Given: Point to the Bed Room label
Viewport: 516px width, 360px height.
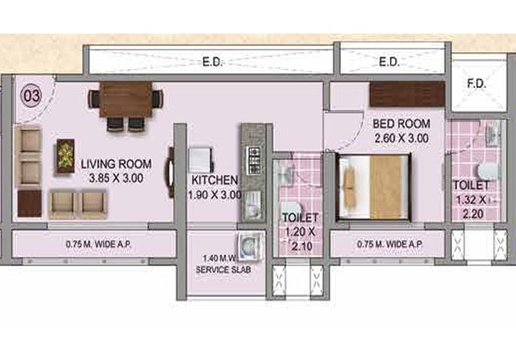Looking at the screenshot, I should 402,124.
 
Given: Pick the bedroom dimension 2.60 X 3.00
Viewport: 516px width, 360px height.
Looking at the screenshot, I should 402,138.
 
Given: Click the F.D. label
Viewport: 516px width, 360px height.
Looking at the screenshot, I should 475,82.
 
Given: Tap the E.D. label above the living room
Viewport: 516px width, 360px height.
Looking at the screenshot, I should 211,60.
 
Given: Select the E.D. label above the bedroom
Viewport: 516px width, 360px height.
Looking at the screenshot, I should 389,61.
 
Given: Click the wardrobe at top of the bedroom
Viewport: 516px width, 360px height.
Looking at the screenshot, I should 407,94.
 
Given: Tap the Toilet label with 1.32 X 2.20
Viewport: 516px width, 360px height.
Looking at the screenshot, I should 471,186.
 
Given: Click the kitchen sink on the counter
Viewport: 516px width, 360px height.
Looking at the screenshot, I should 251,200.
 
